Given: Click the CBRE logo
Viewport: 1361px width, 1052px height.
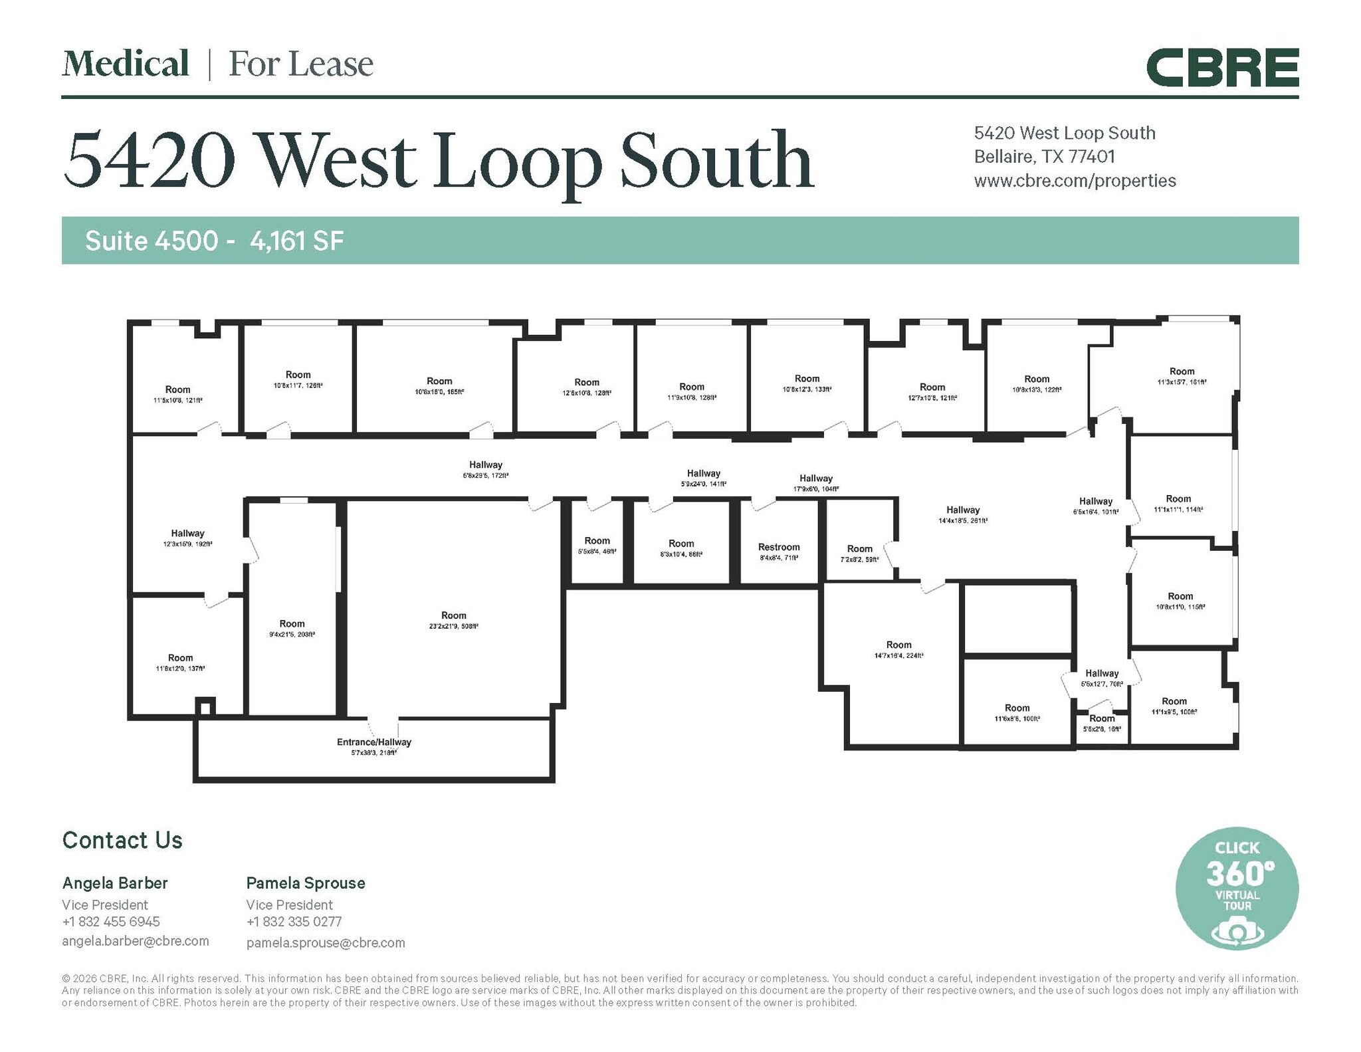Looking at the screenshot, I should pos(1222,67).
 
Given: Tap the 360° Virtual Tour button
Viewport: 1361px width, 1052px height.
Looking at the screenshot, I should pos(1236,888).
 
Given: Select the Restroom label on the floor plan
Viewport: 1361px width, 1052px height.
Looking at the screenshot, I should pos(779,552).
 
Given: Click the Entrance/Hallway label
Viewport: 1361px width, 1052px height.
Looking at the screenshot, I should pos(373,746).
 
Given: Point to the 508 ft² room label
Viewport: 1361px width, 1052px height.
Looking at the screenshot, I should pos(453,620).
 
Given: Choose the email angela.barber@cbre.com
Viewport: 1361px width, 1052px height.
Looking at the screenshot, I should pos(136,940).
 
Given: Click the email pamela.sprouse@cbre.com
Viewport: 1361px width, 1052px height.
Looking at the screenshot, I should pos(326,942).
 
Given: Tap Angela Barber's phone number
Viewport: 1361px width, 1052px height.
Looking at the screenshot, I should pos(111,921).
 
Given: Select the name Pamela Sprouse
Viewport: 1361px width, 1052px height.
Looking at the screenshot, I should pos(306,883).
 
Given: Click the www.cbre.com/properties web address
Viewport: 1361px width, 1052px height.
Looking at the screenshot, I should pos(1075,181).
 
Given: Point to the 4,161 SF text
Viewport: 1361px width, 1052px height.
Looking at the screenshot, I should pos(296,241).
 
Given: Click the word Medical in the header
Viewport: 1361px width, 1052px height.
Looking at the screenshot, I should pos(126,64).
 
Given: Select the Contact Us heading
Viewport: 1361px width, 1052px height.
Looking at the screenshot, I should pos(122,840).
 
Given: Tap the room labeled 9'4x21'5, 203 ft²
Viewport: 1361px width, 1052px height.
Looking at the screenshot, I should pos(292,628).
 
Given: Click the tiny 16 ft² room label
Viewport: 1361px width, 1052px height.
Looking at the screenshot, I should pos(1101,723).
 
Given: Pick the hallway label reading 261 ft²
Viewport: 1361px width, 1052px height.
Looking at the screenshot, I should pos(962,514).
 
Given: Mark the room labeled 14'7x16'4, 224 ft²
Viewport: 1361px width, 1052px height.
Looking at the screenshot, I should pos(898,649).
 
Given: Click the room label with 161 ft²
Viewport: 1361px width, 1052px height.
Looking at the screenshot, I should pos(1181,376).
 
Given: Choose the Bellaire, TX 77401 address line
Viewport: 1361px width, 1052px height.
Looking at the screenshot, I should pos(1044,157).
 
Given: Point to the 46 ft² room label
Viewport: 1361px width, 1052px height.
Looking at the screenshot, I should pos(597,545).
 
